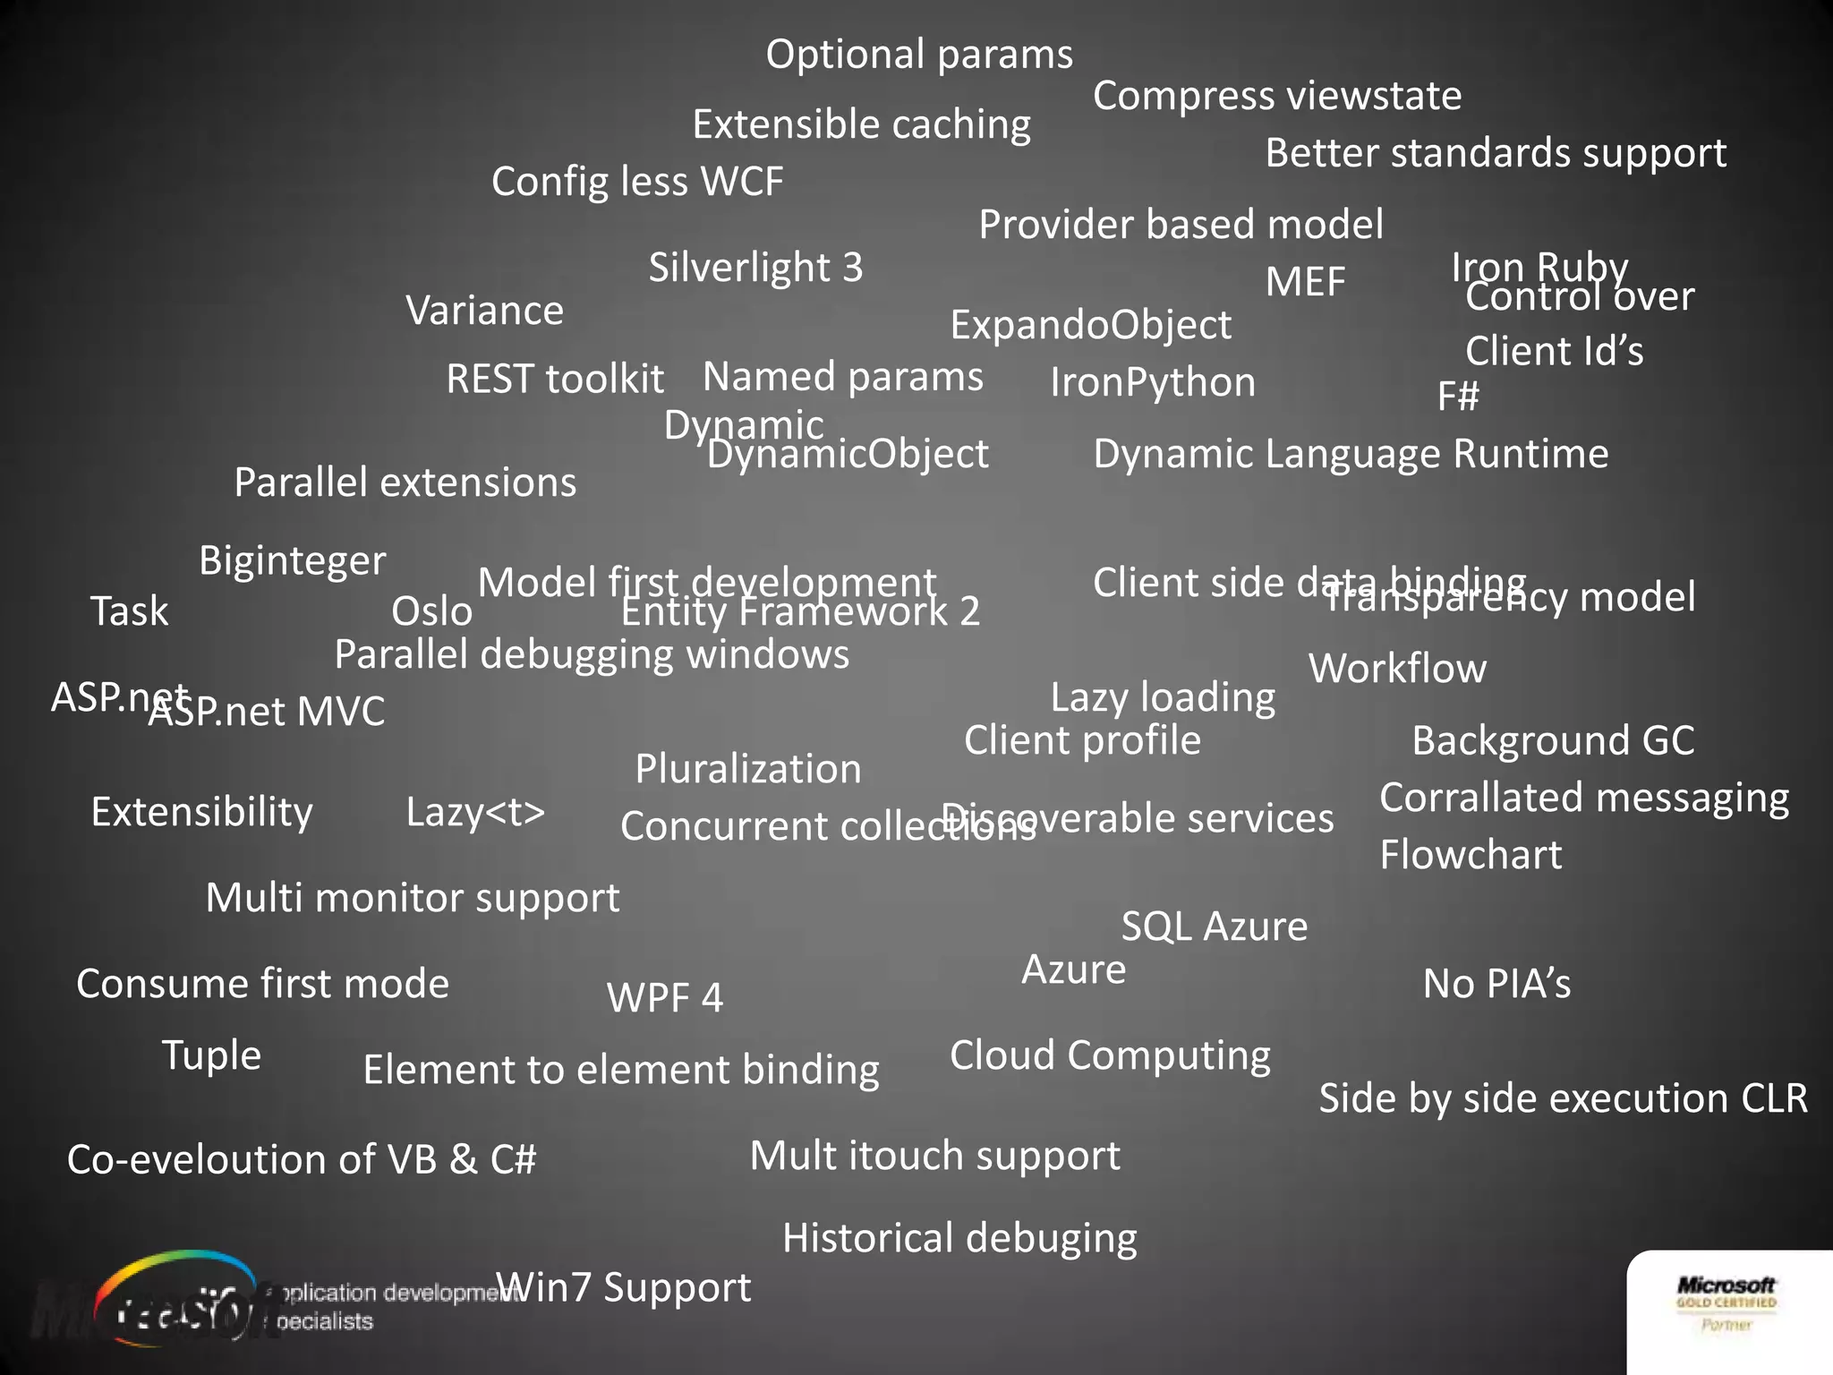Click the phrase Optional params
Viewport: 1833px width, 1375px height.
(919, 56)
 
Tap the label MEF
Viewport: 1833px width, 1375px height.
(1305, 283)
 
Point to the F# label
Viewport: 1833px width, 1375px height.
(1458, 397)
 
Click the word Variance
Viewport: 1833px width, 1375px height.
(484, 312)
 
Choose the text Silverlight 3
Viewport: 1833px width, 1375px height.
(755, 268)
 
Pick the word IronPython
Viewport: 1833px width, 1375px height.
(1153, 383)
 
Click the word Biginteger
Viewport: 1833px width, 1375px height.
(292, 562)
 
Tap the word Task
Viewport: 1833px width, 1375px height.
(129, 611)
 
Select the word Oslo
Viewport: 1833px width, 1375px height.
(431, 612)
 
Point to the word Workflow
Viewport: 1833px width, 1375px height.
(1397, 669)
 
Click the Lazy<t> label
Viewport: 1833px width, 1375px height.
(475, 812)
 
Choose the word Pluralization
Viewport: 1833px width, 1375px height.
(748, 769)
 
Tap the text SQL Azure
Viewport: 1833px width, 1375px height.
(1215, 927)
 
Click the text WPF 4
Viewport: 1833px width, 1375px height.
(664, 998)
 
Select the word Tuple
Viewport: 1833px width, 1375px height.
(211, 1055)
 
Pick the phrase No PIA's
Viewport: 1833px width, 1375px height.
(1496, 984)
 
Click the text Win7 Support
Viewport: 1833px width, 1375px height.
(624, 1288)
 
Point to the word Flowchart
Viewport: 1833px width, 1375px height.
(1471, 855)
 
